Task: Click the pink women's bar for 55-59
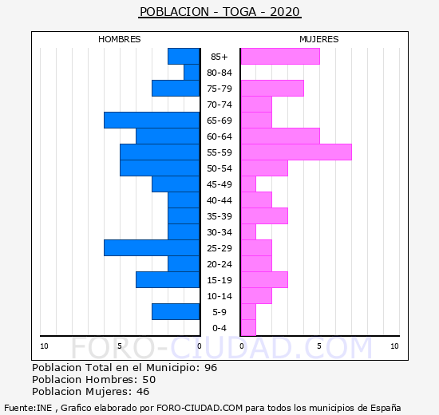pyautogui.click(x=296, y=152)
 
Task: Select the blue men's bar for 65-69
pyautogui.click(x=152, y=121)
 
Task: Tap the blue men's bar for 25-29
pyautogui.click(x=152, y=248)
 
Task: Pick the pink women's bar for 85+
pyautogui.click(x=280, y=57)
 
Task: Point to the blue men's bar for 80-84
pyautogui.click(x=192, y=73)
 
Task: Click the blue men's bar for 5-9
pyautogui.click(x=176, y=312)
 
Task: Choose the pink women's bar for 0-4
pyautogui.click(x=248, y=328)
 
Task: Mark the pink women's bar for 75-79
pyautogui.click(x=273, y=89)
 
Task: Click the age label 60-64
pyautogui.click(x=219, y=136)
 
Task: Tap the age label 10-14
pyautogui.click(x=219, y=296)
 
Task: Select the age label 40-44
pyautogui.click(x=219, y=200)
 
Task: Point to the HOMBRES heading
pyautogui.click(x=120, y=39)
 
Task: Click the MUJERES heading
pyautogui.click(x=319, y=39)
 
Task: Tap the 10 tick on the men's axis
pyautogui.click(x=44, y=346)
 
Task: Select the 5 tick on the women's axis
pyautogui.click(x=319, y=346)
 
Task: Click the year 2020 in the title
pyautogui.click(x=285, y=12)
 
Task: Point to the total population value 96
pyautogui.click(x=211, y=368)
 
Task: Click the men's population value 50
pyautogui.click(x=149, y=380)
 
